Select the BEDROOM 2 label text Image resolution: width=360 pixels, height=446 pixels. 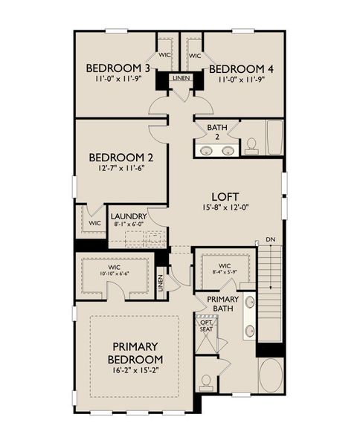click(120, 158)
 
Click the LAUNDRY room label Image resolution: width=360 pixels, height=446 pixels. click(129, 216)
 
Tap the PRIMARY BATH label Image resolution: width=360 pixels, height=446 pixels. click(222, 303)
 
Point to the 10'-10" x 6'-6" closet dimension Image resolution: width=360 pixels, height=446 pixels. click(114, 273)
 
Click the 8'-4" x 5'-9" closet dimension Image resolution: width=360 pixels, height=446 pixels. click(225, 273)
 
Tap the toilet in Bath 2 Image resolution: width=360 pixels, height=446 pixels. click(251, 143)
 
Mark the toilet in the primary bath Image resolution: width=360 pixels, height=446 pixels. click(207, 381)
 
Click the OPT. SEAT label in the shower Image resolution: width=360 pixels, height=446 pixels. click(205, 324)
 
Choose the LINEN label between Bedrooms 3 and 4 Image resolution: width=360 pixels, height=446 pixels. click(180, 77)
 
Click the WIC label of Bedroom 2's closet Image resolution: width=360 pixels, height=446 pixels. click(94, 223)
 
